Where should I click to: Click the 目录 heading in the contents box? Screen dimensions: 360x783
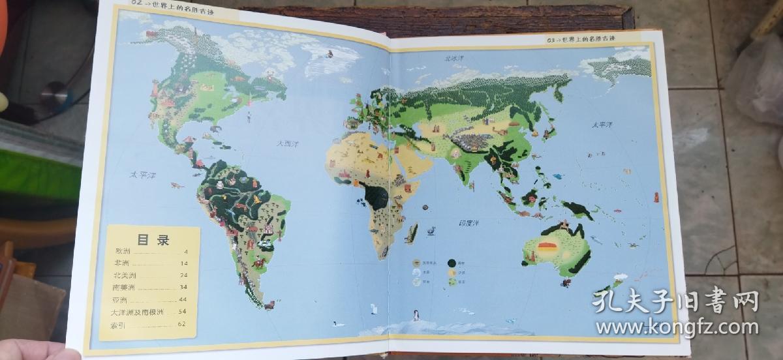(153, 239)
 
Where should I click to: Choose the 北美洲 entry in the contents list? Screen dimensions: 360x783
(124, 276)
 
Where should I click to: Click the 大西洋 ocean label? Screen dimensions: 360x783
(285, 143)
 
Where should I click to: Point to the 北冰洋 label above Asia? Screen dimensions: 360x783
(453, 58)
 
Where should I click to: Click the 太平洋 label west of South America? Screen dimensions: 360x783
(142, 175)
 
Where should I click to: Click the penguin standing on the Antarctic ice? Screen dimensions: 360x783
(415, 316)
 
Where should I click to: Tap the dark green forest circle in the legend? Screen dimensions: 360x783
(451, 263)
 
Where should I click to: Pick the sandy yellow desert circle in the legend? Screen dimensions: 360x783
(451, 273)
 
